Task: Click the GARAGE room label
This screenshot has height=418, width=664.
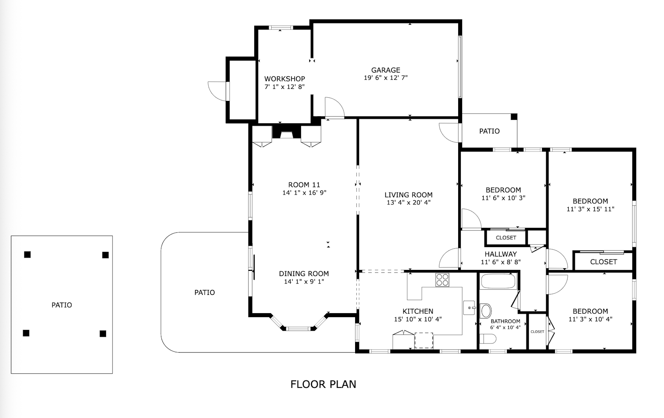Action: pyautogui.click(x=386, y=70)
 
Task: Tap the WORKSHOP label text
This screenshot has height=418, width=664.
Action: pyautogui.click(x=285, y=79)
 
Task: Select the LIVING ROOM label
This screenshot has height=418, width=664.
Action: pyautogui.click(x=408, y=195)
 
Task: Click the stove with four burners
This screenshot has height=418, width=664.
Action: pyautogui.click(x=442, y=280)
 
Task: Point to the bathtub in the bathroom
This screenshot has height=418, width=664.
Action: pyautogui.click(x=498, y=281)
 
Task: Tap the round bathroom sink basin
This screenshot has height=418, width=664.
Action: pyautogui.click(x=486, y=311)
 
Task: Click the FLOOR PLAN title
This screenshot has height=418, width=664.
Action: pyautogui.click(x=323, y=384)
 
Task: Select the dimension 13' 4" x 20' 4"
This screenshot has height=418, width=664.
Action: pyautogui.click(x=408, y=202)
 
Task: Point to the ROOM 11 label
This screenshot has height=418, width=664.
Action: pyautogui.click(x=304, y=185)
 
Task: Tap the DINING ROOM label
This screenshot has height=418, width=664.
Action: pyautogui.click(x=304, y=274)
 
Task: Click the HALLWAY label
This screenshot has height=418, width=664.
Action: pyautogui.click(x=501, y=254)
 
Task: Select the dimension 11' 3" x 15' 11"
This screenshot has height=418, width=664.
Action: pyautogui.click(x=590, y=209)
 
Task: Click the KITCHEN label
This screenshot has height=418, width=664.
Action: pyautogui.click(x=418, y=311)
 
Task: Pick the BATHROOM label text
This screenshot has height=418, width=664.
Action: pyautogui.click(x=505, y=321)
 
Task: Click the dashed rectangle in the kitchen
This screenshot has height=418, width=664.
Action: pyautogui.click(x=424, y=340)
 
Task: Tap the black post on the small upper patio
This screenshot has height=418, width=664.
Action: pyautogui.click(x=514, y=117)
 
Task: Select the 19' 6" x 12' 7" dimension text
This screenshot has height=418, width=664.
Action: pyautogui.click(x=386, y=78)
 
